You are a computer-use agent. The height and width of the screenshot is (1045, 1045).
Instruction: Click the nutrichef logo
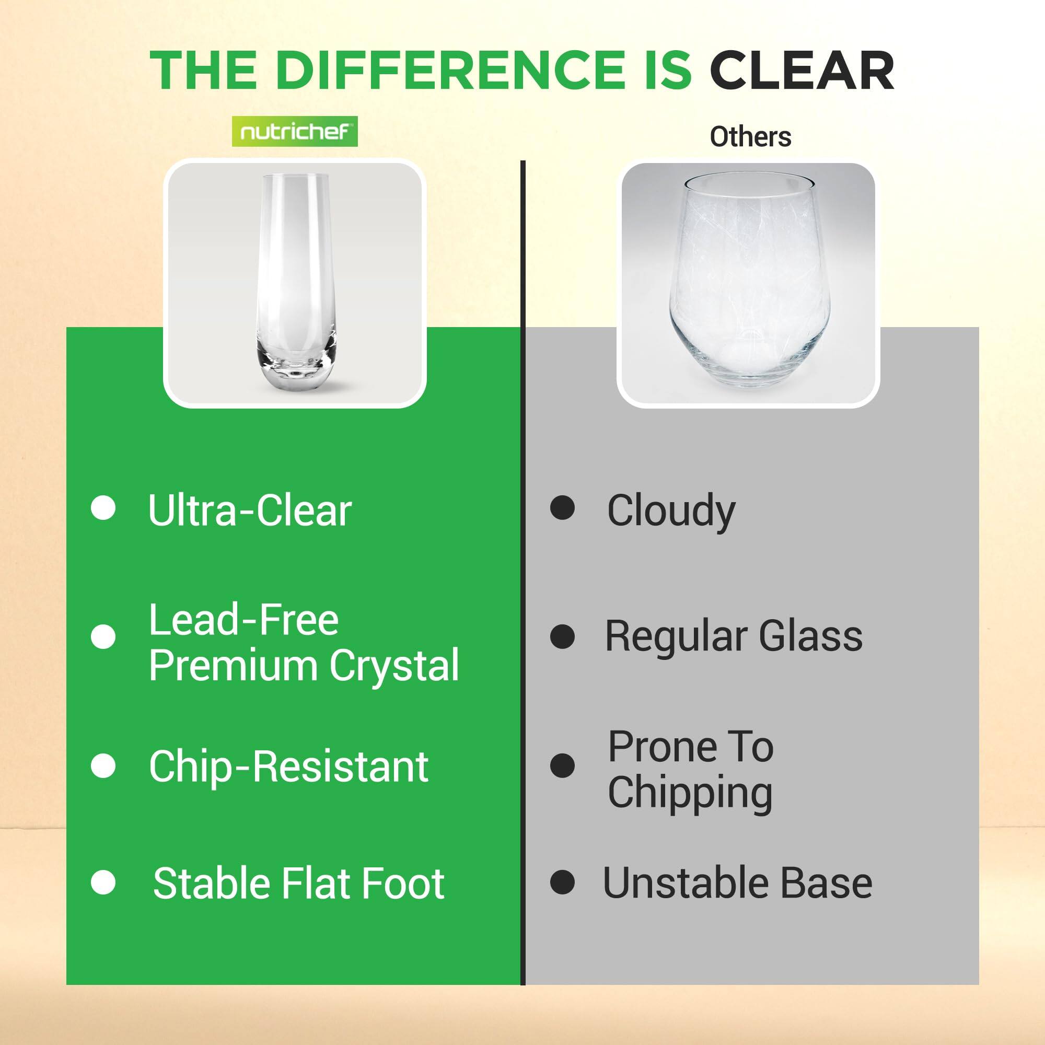[295, 132]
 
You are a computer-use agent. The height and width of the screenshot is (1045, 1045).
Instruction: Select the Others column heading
[750, 137]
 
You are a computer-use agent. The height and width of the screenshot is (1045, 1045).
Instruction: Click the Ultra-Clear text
[250, 510]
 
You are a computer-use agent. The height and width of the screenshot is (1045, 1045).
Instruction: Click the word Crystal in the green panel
[394, 665]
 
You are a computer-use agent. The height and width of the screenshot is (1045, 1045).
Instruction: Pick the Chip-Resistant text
[288, 767]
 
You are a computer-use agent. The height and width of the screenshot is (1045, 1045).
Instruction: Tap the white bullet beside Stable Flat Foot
[103, 883]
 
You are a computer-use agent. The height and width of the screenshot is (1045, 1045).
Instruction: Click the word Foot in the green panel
[402, 884]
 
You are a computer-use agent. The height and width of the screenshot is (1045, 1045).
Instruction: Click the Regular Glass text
[734, 636]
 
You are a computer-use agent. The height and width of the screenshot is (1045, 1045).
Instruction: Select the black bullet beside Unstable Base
[563, 883]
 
